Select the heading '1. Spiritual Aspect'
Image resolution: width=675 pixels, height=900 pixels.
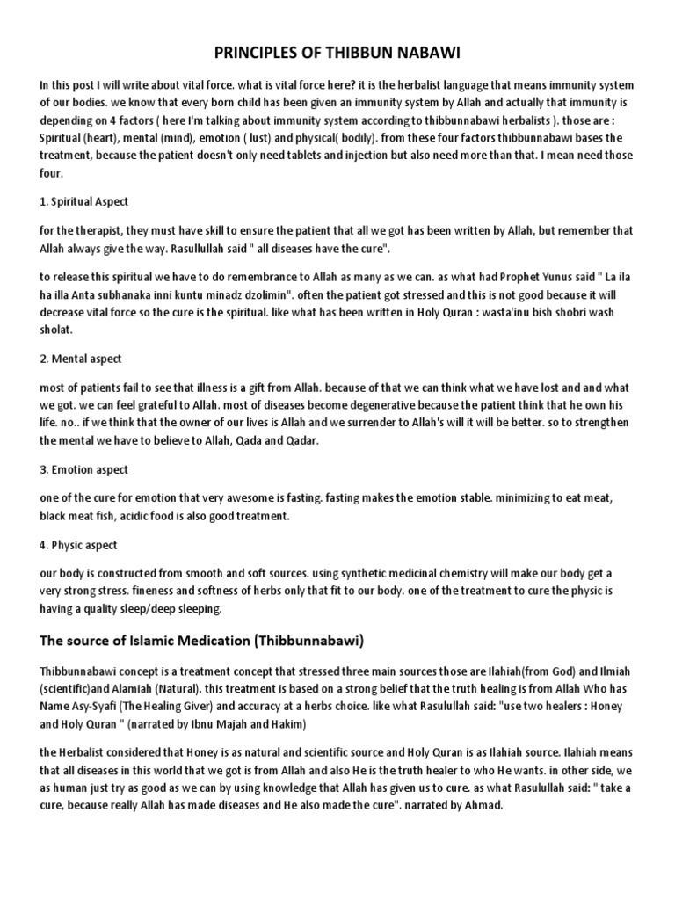point(84,201)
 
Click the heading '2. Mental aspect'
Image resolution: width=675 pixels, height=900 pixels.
point(81,359)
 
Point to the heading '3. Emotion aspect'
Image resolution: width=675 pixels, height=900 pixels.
point(84,469)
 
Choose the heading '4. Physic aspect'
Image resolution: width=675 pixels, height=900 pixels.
point(79,545)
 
